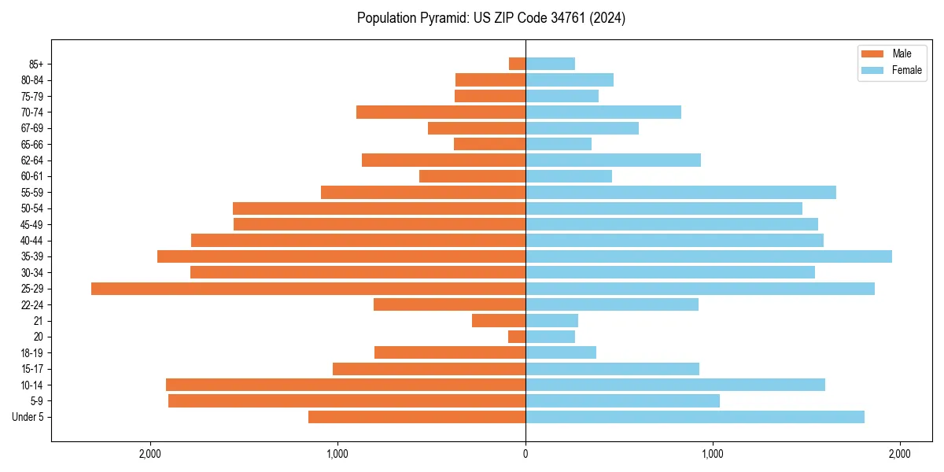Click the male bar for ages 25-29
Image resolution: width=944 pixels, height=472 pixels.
[x=308, y=289]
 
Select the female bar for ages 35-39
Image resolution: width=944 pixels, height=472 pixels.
[x=708, y=256]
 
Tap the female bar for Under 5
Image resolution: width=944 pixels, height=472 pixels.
[x=695, y=417]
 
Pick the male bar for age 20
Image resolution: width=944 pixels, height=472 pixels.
[x=517, y=337]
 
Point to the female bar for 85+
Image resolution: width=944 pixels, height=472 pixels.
[x=550, y=64]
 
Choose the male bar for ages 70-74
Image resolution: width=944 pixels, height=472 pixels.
[x=441, y=112]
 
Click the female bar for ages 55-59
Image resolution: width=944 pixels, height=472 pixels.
[x=680, y=193]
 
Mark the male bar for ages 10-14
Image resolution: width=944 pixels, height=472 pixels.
[x=345, y=385]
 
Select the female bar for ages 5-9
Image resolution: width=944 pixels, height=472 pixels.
[x=622, y=401]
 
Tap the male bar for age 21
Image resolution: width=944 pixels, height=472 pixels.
[x=499, y=321]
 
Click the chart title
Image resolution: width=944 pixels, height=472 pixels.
[x=491, y=18]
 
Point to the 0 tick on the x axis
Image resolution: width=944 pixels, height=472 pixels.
[x=525, y=454]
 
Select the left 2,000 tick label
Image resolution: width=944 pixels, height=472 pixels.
[x=149, y=454]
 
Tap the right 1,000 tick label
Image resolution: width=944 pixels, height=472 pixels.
[x=713, y=454]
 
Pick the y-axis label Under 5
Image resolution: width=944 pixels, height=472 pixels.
[x=28, y=417]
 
